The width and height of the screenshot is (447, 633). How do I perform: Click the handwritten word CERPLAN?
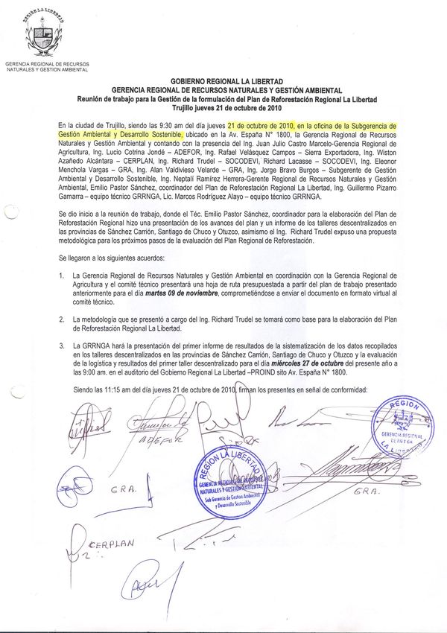tap(113, 544)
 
